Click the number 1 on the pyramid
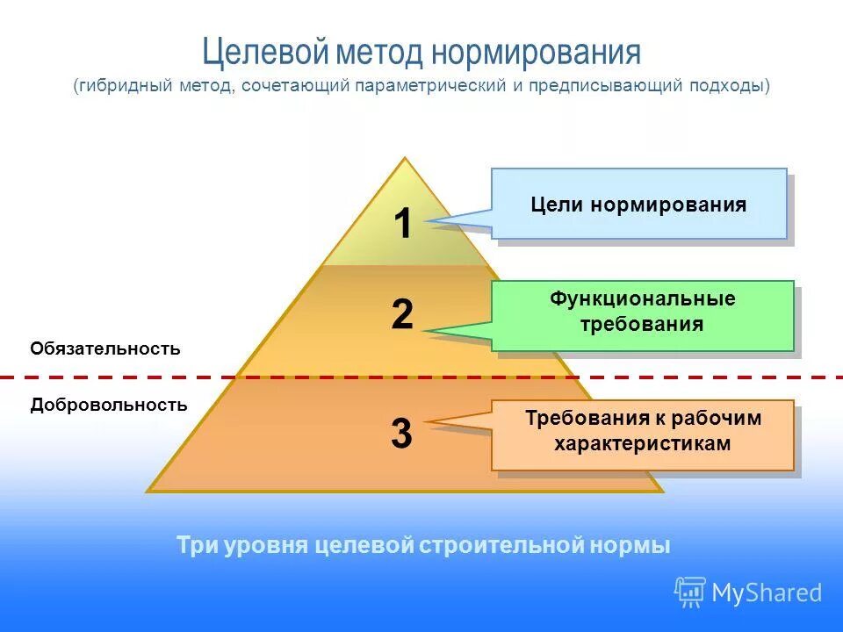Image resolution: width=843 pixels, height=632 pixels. click(403, 224)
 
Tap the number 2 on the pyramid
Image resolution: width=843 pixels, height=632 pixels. click(402, 314)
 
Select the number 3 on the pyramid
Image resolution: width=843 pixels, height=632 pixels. click(401, 433)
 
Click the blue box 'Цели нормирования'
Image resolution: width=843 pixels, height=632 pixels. click(638, 205)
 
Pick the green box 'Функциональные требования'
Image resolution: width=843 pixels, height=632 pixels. click(642, 312)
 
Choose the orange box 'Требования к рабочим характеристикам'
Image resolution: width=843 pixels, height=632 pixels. click(642, 431)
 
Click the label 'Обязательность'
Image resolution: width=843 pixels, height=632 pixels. click(105, 348)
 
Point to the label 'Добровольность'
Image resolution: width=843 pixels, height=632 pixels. click(109, 405)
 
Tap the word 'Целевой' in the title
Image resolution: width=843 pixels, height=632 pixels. click(264, 52)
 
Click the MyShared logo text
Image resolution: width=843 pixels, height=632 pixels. click(767, 592)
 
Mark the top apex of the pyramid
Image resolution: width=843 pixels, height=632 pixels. click(404, 159)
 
